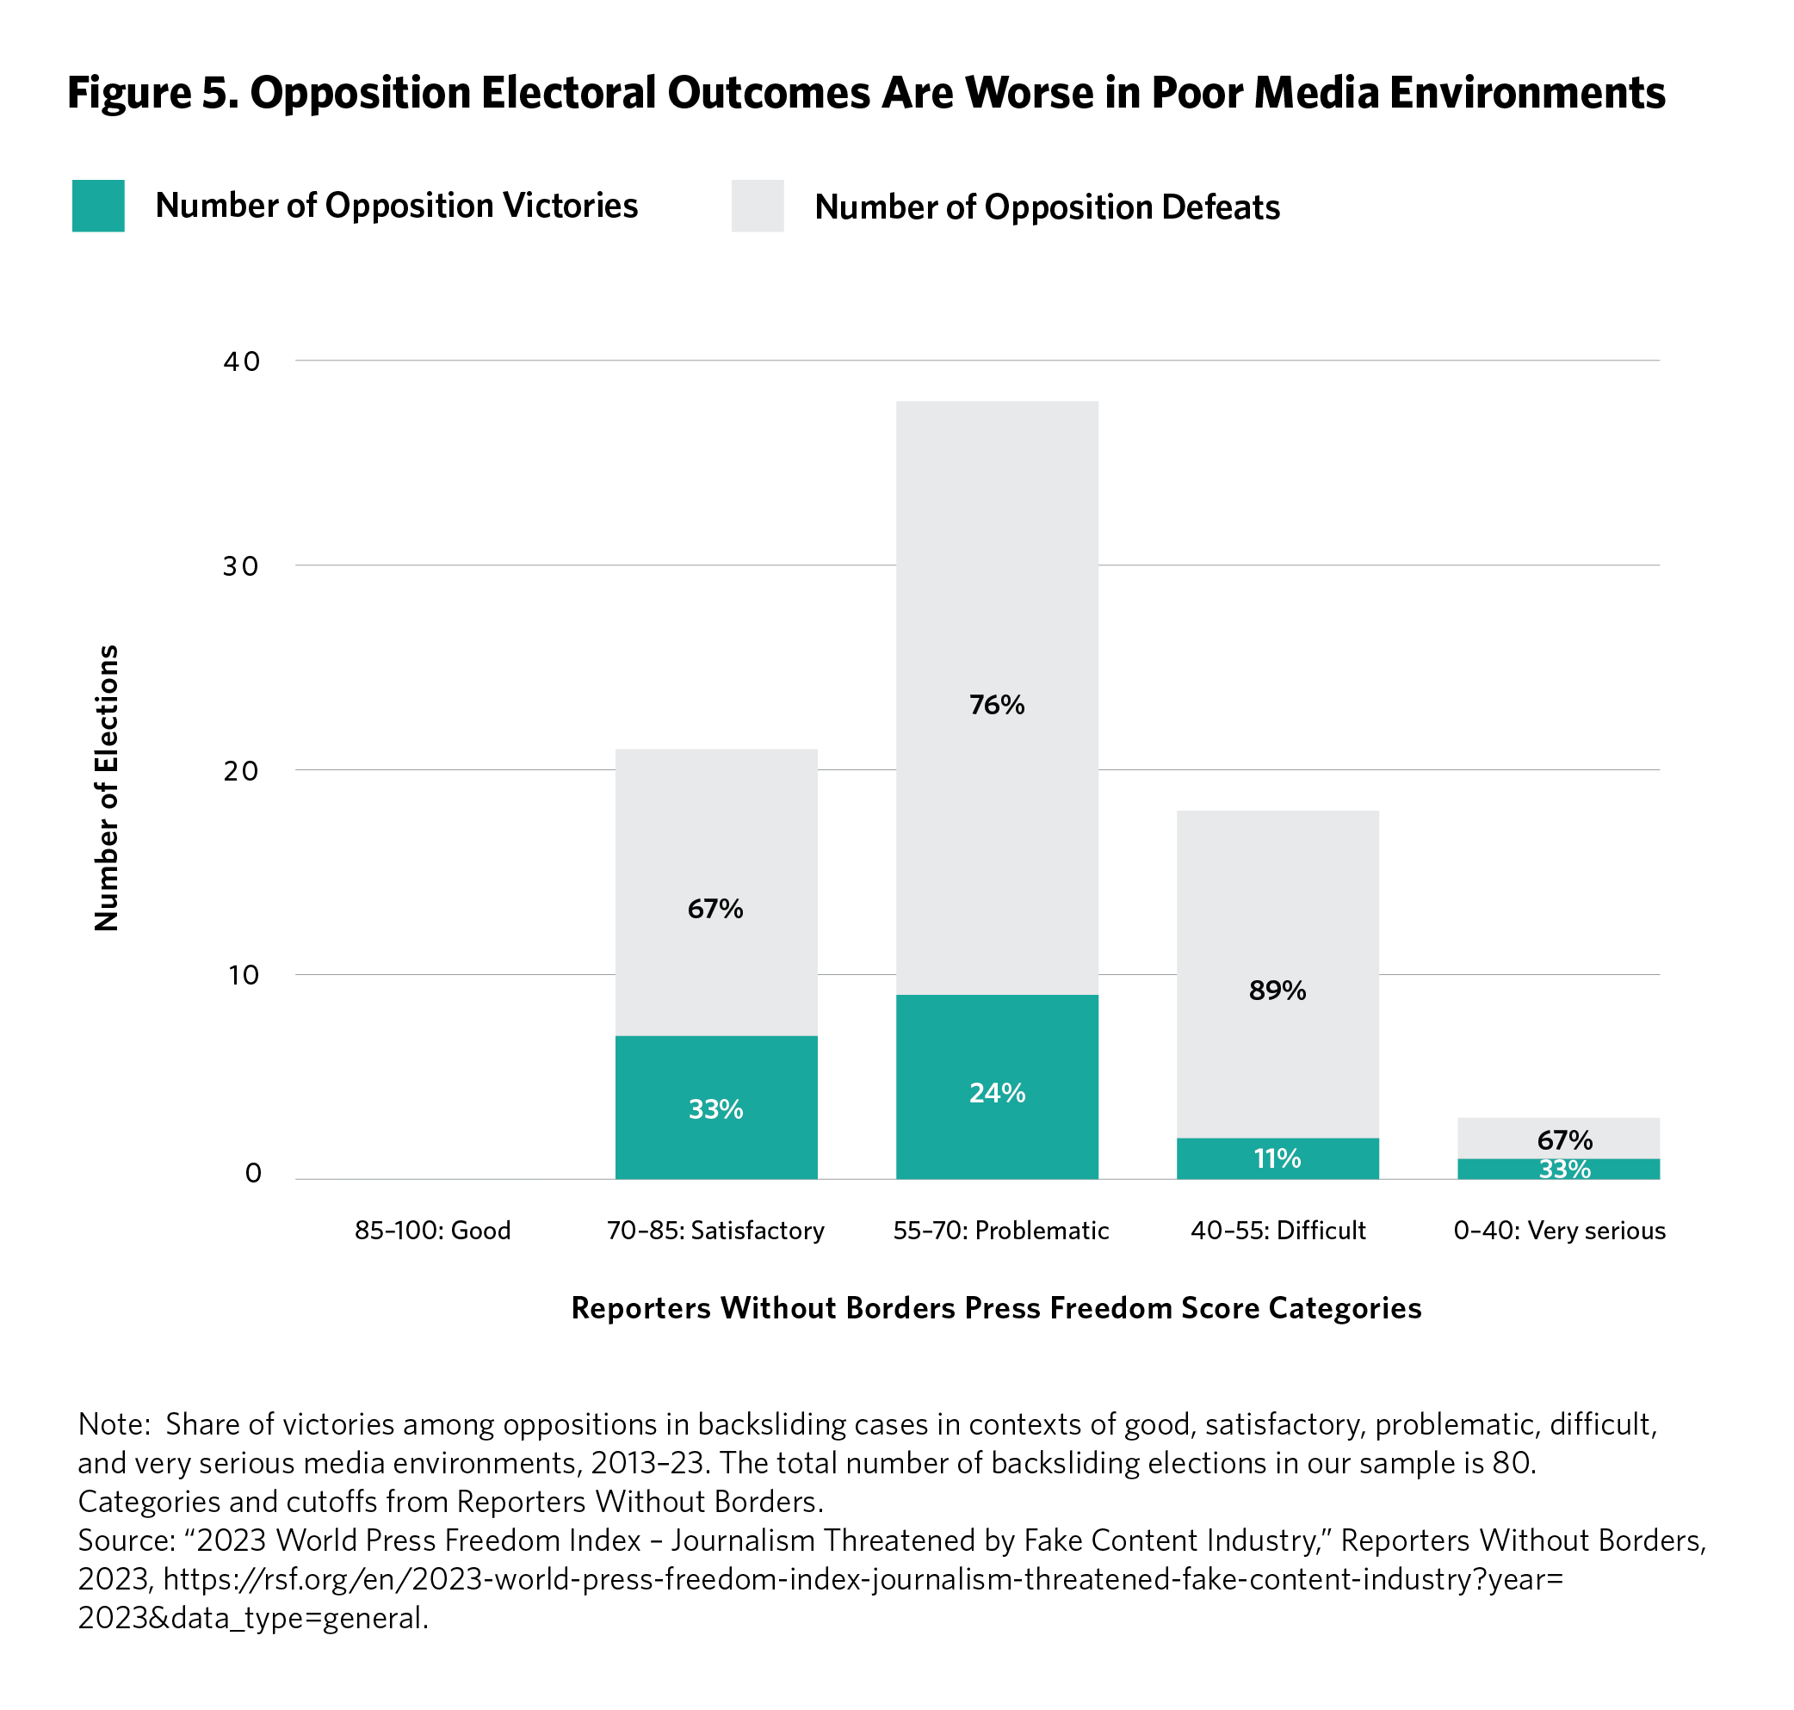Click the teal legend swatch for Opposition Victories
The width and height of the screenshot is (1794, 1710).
tap(98, 206)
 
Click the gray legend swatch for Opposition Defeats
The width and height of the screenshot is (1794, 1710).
tap(757, 206)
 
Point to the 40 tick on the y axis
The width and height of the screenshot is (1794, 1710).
tap(242, 361)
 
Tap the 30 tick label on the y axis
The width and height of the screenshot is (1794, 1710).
tap(242, 566)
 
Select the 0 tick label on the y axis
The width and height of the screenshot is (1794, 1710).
tap(253, 1173)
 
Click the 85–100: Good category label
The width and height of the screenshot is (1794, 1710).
tap(433, 1231)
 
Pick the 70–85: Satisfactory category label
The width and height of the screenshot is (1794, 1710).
tap(715, 1231)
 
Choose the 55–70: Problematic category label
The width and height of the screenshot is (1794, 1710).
tap(1001, 1231)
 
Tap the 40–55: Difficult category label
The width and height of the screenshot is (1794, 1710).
tap(1278, 1231)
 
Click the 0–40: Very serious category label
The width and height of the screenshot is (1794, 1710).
tap(1559, 1231)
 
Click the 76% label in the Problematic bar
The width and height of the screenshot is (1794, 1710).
tap(997, 705)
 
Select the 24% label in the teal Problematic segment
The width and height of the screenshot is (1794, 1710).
tap(997, 1093)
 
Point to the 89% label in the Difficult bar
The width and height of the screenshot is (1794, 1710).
tap(1277, 991)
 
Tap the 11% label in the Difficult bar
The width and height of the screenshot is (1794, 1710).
tap(1277, 1158)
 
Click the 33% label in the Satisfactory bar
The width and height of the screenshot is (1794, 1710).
tap(715, 1109)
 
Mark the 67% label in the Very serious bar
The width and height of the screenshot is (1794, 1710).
tap(1564, 1140)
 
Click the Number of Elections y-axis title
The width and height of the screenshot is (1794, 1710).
tap(108, 787)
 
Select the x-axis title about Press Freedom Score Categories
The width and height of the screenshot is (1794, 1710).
tap(995, 1308)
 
